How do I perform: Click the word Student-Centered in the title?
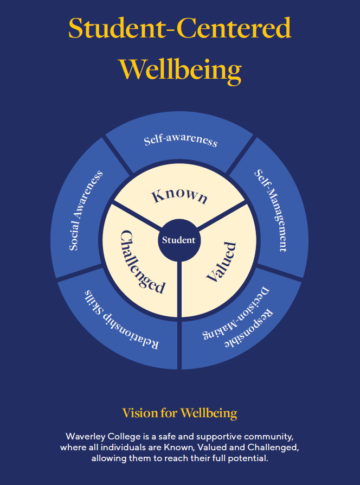click(180, 28)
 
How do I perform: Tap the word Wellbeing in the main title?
click(180, 69)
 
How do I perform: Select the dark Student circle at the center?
click(178, 239)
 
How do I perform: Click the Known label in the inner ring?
click(179, 195)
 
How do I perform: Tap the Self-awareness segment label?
click(181, 141)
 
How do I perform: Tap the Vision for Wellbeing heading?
click(180, 413)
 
